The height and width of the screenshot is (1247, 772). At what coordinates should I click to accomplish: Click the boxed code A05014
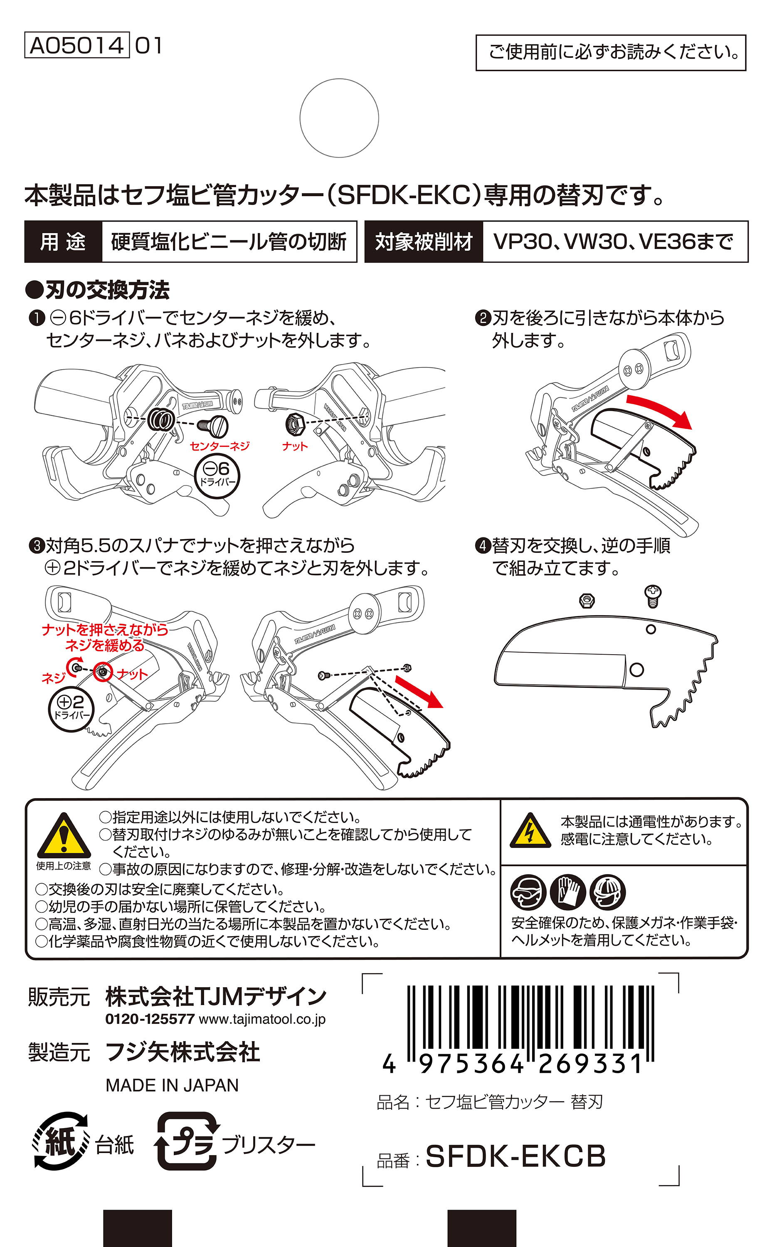(x=76, y=45)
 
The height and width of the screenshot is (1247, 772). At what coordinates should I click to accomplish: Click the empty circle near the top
(x=339, y=118)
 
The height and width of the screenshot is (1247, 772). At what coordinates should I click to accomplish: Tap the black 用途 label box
(x=63, y=242)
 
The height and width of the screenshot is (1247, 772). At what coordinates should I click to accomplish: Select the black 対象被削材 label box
(x=424, y=242)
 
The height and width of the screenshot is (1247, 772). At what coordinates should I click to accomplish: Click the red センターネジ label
(x=220, y=446)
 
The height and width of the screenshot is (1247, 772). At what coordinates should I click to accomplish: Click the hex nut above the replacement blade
(x=587, y=600)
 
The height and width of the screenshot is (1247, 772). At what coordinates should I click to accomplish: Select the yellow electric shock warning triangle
(x=530, y=831)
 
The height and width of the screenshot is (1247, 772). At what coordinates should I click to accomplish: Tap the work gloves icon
(x=568, y=892)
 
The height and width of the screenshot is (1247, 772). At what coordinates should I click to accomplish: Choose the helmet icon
(x=608, y=892)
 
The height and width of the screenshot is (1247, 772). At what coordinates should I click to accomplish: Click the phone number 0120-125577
(x=150, y=1019)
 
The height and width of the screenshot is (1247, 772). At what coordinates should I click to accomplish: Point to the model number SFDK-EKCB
(x=515, y=1156)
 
